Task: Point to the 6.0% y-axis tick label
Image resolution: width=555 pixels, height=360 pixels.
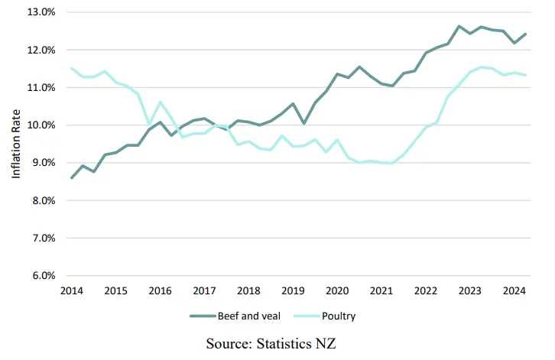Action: (x=41, y=276)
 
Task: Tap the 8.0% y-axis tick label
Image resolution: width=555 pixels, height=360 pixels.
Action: (x=41, y=201)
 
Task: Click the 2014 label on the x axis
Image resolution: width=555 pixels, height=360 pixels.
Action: (x=72, y=291)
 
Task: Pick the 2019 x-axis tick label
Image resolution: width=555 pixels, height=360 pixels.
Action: (x=293, y=291)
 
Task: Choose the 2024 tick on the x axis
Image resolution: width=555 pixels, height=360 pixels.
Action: (x=514, y=291)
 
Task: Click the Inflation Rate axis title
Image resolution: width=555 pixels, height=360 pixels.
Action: (x=16, y=144)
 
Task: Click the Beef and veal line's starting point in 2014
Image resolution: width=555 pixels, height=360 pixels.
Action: (x=72, y=178)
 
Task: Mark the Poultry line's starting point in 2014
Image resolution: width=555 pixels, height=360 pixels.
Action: (x=72, y=69)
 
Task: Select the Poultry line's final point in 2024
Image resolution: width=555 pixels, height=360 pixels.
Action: (x=525, y=75)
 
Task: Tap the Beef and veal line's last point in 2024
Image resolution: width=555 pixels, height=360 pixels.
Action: (x=525, y=34)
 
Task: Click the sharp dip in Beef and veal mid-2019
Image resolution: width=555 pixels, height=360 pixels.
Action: (x=304, y=123)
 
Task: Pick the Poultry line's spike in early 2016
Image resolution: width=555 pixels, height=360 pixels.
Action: (x=160, y=102)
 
